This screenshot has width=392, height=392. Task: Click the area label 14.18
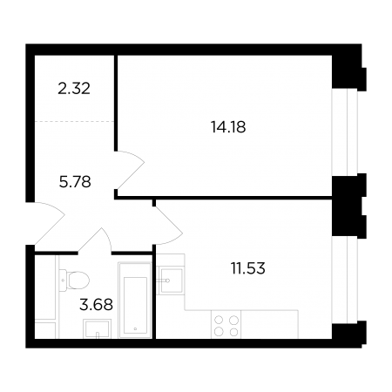click(x=228, y=127)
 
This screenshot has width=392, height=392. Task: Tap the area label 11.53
click(x=248, y=268)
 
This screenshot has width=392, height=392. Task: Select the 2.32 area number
click(x=74, y=89)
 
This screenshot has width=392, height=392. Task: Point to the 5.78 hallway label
click(x=75, y=182)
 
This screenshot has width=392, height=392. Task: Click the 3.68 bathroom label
click(x=96, y=305)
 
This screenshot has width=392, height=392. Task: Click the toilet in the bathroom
click(x=74, y=280)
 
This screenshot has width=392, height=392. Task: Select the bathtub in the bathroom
click(x=135, y=301)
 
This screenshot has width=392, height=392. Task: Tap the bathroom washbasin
click(x=97, y=328)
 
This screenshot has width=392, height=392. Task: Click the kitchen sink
click(x=172, y=280)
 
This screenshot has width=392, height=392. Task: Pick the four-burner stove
click(x=226, y=324)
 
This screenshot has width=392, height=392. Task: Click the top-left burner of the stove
click(x=219, y=320)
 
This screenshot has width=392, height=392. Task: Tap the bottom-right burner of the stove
click(x=234, y=331)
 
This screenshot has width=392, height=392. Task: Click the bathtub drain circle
click(x=135, y=328)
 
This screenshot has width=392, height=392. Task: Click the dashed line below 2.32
click(x=74, y=121)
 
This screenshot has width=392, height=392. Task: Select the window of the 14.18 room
click(x=345, y=132)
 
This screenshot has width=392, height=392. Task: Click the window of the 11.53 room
click(x=345, y=280)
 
